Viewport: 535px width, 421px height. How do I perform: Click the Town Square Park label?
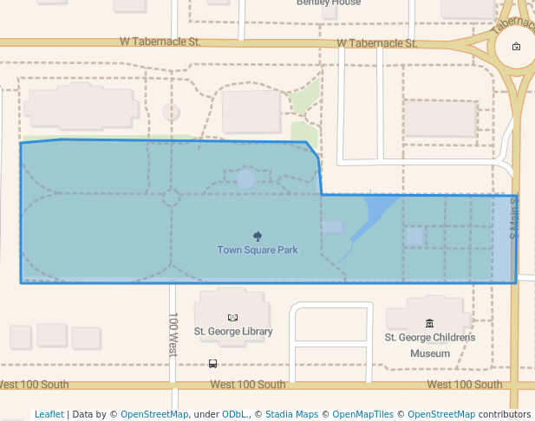tap(258, 250)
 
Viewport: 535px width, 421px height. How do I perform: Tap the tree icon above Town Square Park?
tap(258, 236)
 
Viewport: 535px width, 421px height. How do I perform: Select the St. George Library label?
tap(233, 331)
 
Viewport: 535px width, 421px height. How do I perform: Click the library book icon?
tap(232, 318)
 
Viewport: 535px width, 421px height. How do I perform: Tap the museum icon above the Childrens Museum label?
tap(430, 324)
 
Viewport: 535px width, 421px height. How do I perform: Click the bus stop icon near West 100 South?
tap(213, 364)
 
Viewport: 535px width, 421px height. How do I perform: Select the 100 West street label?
tap(173, 334)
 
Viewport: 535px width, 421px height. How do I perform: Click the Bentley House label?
tap(328, 3)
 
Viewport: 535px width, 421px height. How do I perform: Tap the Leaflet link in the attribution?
tap(49, 414)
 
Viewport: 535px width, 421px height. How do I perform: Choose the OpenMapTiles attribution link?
tap(362, 414)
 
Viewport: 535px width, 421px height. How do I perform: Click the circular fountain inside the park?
tap(245, 179)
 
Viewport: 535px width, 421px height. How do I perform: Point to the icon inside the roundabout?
tap(517, 47)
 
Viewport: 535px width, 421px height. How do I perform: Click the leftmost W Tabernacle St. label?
tap(160, 42)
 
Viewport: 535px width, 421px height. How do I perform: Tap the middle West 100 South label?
tap(247, 385)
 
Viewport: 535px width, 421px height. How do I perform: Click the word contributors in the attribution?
tap(505, 414)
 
